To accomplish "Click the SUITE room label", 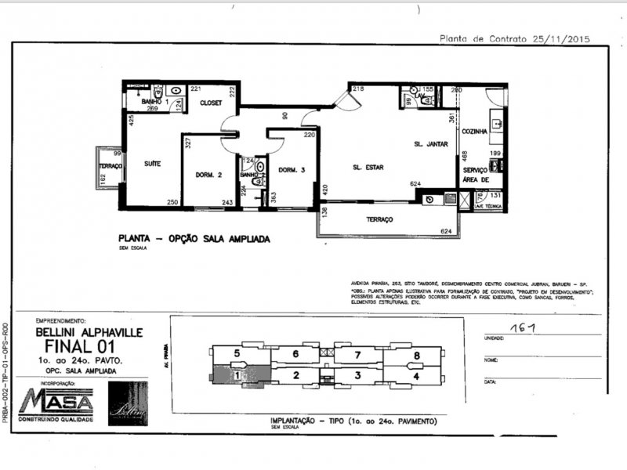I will tap(152, 164).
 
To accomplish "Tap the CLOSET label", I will tap(211, 103).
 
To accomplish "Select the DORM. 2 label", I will tap(209, 175).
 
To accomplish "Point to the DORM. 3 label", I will tap(291, 170).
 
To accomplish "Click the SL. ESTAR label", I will tap(368, 167).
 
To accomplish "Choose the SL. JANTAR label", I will tap(429, 145).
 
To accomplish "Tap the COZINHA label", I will tap(474, 131).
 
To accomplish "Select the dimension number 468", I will tap(465, 155).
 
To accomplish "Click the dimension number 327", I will tap(188, 143).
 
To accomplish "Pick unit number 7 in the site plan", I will tap(357, 356).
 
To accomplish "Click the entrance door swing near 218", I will tap(342, 98).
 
